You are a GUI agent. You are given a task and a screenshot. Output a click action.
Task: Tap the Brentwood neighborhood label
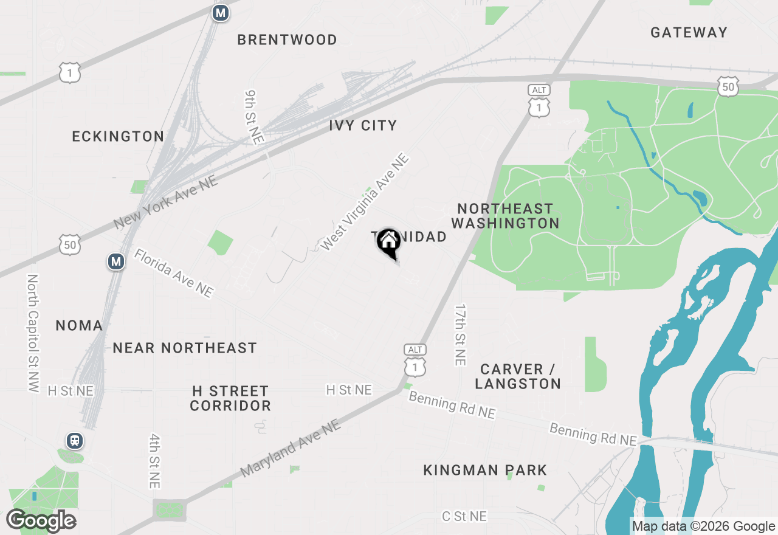pos(287,40)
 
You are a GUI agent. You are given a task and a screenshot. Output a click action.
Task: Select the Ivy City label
pos(363,126)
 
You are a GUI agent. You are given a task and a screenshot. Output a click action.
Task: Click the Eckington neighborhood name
pos(118,137)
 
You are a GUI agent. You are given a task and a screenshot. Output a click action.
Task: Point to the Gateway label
pos(689,33)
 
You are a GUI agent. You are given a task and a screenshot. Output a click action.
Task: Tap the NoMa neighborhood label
pos(79,326)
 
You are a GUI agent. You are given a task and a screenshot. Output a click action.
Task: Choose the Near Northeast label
pos(185,348)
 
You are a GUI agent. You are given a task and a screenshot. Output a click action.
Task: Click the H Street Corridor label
pos(230,398)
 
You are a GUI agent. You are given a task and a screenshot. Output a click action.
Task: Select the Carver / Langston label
pos(518,376)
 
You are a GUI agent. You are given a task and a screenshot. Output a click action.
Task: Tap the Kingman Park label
pos(485,470)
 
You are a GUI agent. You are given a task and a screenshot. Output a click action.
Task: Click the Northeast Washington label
pos(505,216)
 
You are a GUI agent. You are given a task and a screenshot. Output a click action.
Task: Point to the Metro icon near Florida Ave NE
pos(115,262)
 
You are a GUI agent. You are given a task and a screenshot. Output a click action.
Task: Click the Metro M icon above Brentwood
pos(220,13)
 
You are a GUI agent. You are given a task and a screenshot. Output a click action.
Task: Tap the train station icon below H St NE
pos(75,440)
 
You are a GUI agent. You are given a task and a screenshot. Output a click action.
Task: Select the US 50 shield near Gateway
pos(728,86)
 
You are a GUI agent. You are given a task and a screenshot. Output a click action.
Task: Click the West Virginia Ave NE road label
pos(364,202)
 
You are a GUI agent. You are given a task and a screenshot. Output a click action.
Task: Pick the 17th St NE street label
pos(460,335)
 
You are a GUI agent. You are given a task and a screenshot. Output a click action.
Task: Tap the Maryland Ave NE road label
pos(291,448)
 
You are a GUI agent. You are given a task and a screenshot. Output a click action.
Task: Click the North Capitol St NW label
pos(33,333)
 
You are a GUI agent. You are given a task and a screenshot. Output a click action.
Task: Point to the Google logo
pos(41,520)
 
